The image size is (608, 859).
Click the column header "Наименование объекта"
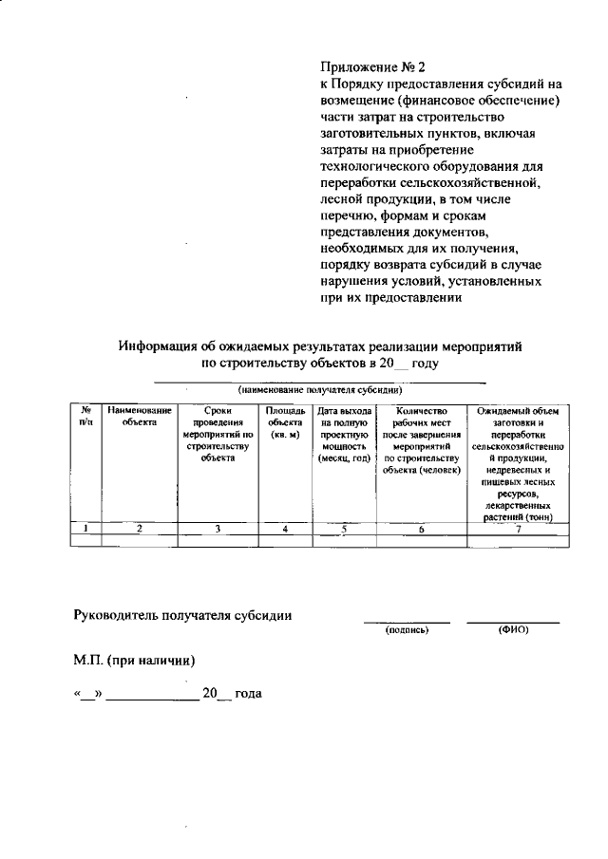[x=139, y=416]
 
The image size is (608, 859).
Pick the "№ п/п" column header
[x=85, y=416]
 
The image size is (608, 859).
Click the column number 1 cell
[x=85, y=530]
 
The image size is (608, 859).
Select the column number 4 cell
[x=285, y=530]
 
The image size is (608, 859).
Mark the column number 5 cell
[x=345, y=530]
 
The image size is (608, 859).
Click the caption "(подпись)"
[x=407, y=631]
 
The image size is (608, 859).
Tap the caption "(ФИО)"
[x=512, y=631]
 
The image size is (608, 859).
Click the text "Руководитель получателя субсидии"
[x=182, y=614]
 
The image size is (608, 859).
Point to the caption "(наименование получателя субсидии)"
[x=320, y=390]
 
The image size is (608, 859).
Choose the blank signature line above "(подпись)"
[x=407, y=622]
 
